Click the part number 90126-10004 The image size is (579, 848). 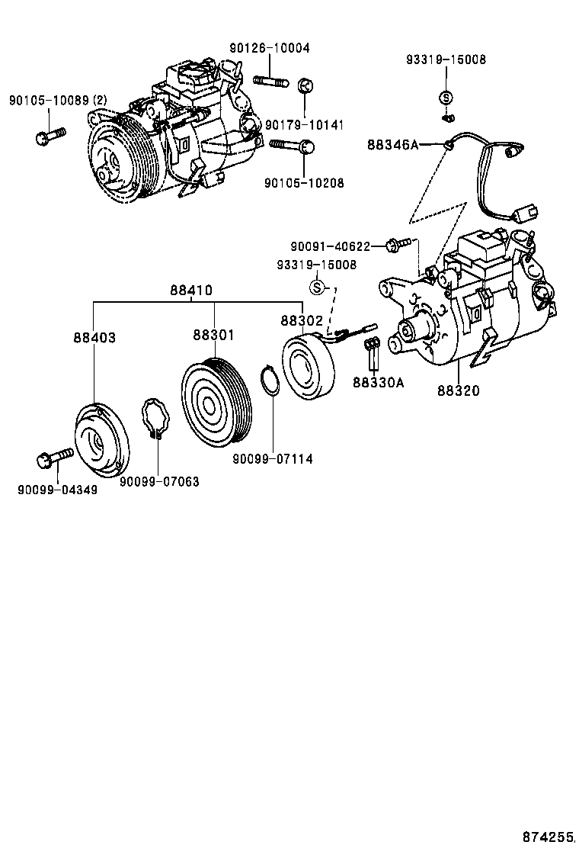tap(269, 47)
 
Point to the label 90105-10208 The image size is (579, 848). tap(304, 183)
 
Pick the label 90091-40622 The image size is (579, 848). tap(330, 246)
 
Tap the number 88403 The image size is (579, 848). tap(94, 336)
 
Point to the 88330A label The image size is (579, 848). tap(377, 383)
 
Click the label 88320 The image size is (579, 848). tap(459, 390)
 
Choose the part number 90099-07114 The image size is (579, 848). tap(273, 458)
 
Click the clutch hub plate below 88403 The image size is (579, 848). tap(100, 438)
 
